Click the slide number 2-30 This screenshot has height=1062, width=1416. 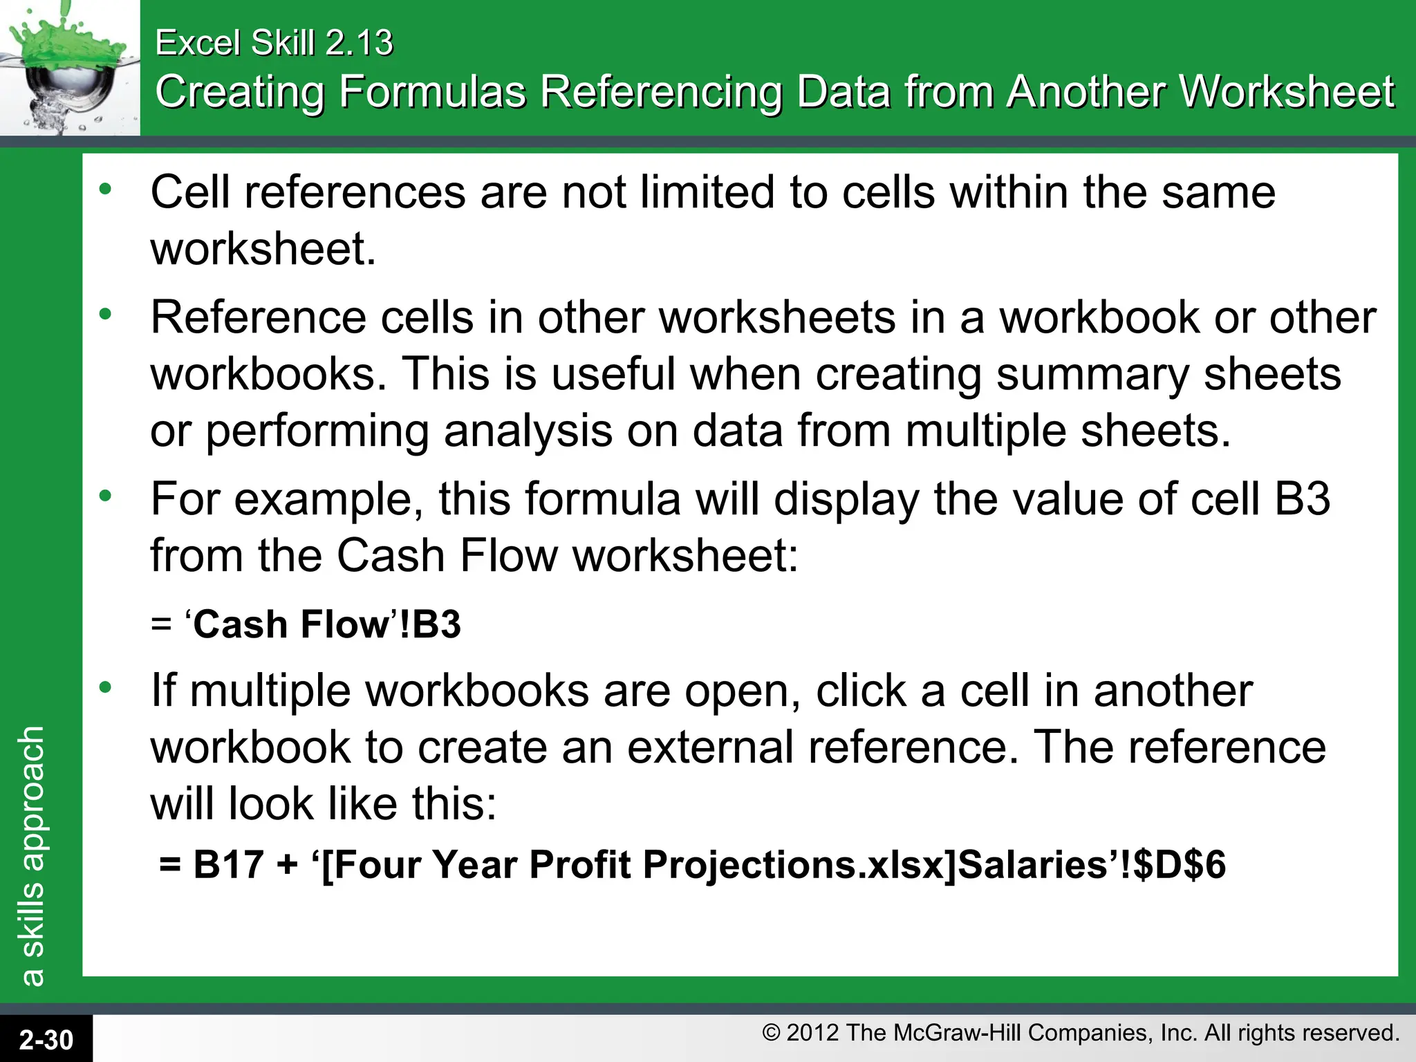click(46, 1039)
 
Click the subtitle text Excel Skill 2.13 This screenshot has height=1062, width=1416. click(274, 43)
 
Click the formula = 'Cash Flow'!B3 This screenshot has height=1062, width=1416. click(306, 624)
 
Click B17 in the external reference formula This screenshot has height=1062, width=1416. click(229, 864)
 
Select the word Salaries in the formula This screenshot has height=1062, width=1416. click(1033, 864)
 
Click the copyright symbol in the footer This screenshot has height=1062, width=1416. click(771, 1033)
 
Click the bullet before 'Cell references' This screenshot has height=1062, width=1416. click(105, 189)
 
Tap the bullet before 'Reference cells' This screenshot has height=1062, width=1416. click(105, 315)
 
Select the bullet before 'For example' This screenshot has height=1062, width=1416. click(105, 496)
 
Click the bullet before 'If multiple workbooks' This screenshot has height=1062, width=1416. click(105, 687)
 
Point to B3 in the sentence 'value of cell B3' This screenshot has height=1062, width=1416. click(1302, 499)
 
